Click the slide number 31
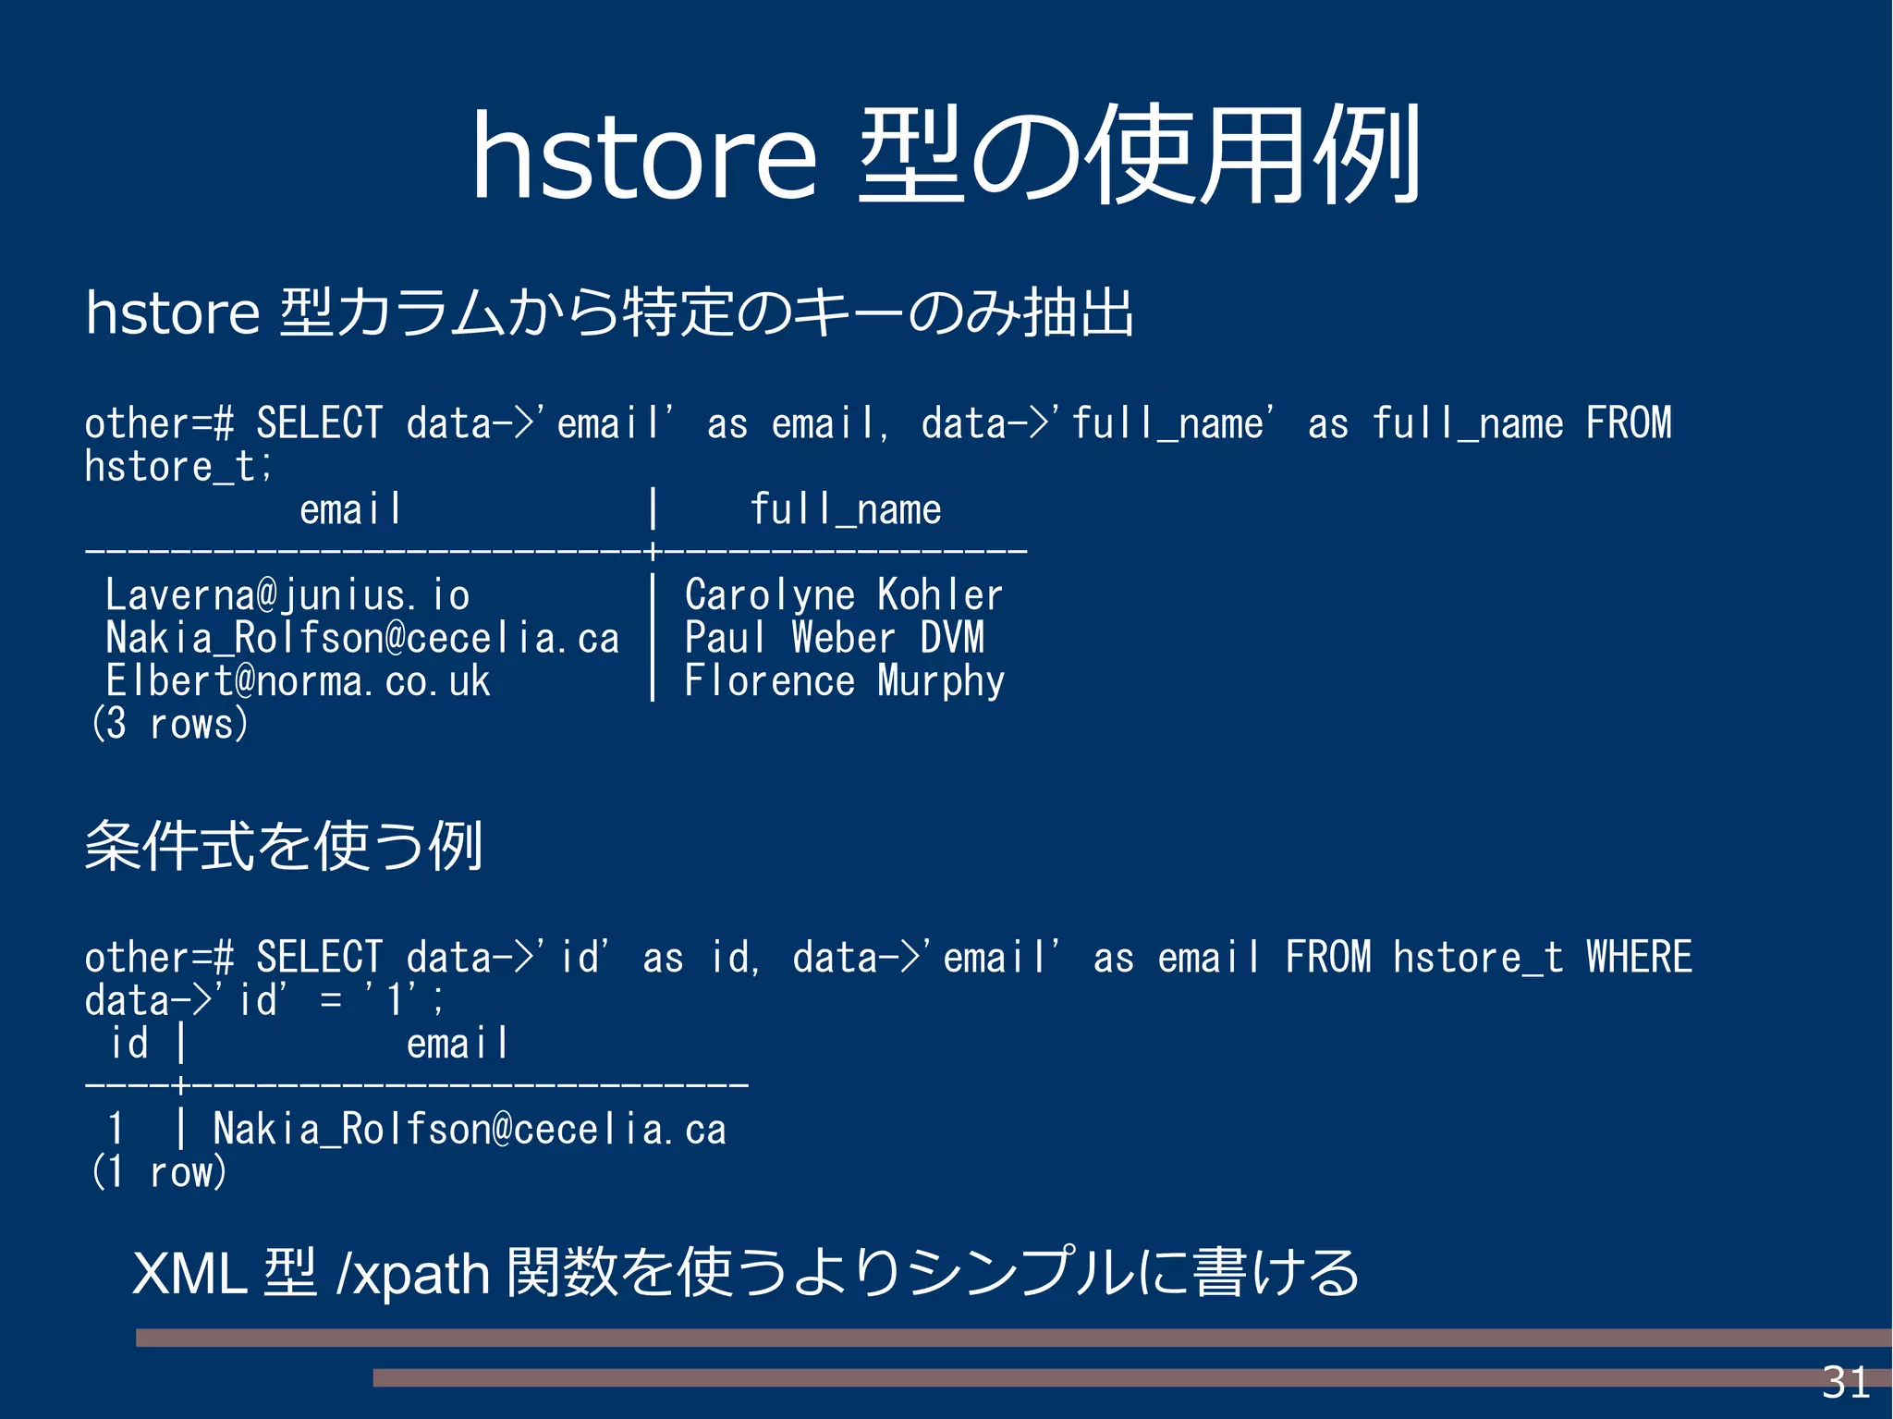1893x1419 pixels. point(1845,1383)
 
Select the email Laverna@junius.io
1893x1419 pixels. point(287,595)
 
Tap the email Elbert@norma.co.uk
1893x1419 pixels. point(298,681)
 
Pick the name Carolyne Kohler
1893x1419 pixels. point(843,595)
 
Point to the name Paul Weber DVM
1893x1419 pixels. point(834,638)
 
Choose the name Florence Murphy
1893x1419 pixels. point(844,681)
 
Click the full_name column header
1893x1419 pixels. point(845,510)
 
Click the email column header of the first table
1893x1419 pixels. point(350,510)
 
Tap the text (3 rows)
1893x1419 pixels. point(170,724)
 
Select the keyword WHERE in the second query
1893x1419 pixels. point(1639,957)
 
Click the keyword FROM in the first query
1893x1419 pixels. point(1629,423)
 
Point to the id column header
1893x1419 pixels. point(129,1044)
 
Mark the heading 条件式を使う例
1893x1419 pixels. point(284,846)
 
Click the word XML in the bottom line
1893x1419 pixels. point(189,1273)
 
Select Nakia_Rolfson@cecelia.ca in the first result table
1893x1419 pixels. point(362,638)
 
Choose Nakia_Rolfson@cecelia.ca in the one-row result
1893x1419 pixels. point(470,1130)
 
